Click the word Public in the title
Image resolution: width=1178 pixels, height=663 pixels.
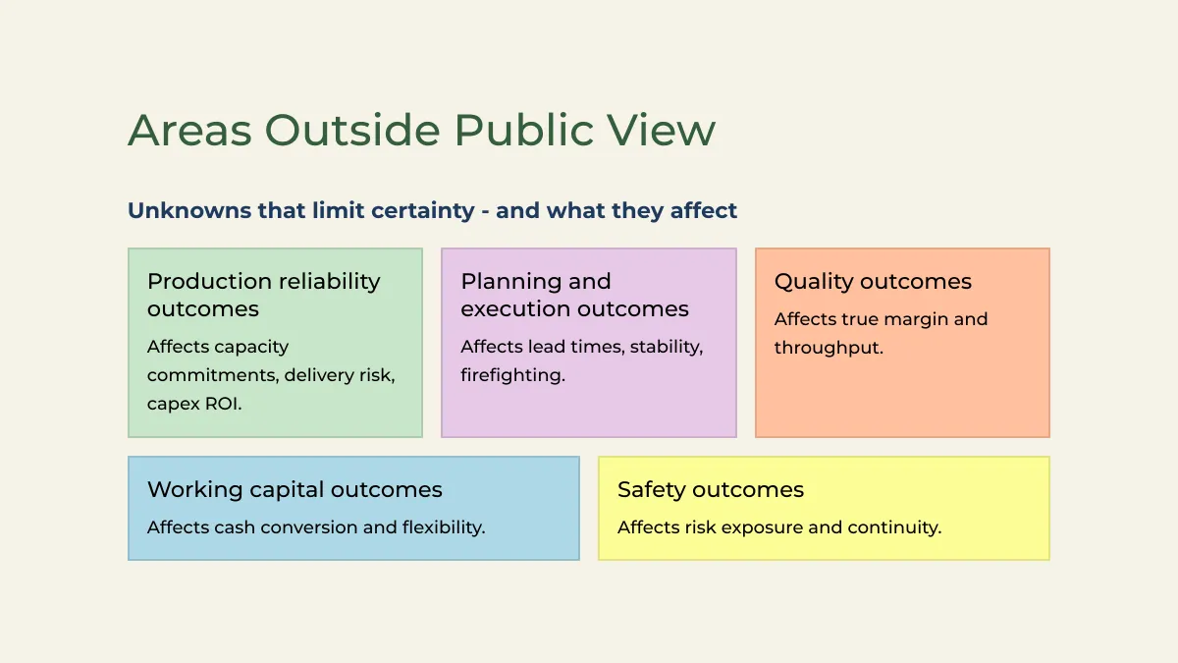coord(524,130)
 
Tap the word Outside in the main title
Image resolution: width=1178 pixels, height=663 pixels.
coord(352,130)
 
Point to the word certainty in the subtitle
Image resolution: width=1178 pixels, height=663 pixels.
coord(423,211)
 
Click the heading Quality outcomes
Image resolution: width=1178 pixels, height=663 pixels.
coord(873,282)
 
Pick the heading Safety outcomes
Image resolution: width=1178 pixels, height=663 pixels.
coord(711,490)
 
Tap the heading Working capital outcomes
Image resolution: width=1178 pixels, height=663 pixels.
coord(294,490)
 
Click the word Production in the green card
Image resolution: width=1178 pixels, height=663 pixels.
coord(209,282)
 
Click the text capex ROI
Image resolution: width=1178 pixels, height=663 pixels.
coord(194,404)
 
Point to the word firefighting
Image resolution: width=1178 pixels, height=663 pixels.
coord(512,375)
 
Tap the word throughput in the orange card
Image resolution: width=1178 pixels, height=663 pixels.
coord(829,348)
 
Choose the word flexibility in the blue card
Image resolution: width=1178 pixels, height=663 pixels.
coord(444,527)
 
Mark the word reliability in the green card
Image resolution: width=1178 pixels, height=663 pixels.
coord(329,282)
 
